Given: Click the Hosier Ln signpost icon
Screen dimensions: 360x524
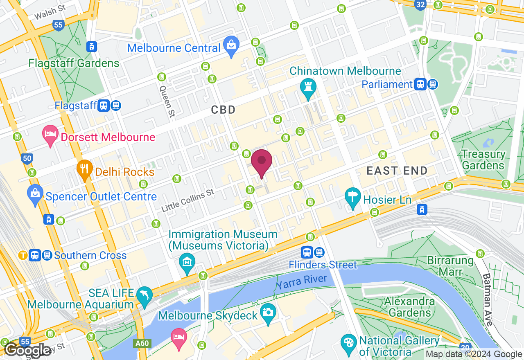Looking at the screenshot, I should (x=352, y=199).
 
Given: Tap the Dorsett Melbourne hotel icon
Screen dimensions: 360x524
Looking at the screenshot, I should (x=51, y=136).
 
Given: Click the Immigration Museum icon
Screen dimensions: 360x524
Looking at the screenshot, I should (x=187, y=264).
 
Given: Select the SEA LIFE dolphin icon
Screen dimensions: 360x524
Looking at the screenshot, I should (x=145, y=297).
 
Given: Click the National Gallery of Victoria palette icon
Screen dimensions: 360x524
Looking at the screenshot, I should (x=349, y=344).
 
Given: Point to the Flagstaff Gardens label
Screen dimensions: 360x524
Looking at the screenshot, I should (x=74, y=63).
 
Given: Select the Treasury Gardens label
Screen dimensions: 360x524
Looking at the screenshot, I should (x=483, y=160).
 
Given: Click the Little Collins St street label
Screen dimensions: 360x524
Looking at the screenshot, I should (x=187, y=200).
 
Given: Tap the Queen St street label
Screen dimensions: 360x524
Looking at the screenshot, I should (x=167, y=101).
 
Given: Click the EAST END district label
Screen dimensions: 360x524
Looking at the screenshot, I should (x=397, y=171).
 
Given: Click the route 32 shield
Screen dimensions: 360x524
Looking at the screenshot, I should (x=420, y=5).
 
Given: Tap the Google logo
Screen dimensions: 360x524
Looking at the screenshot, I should (x=27, y=350).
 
